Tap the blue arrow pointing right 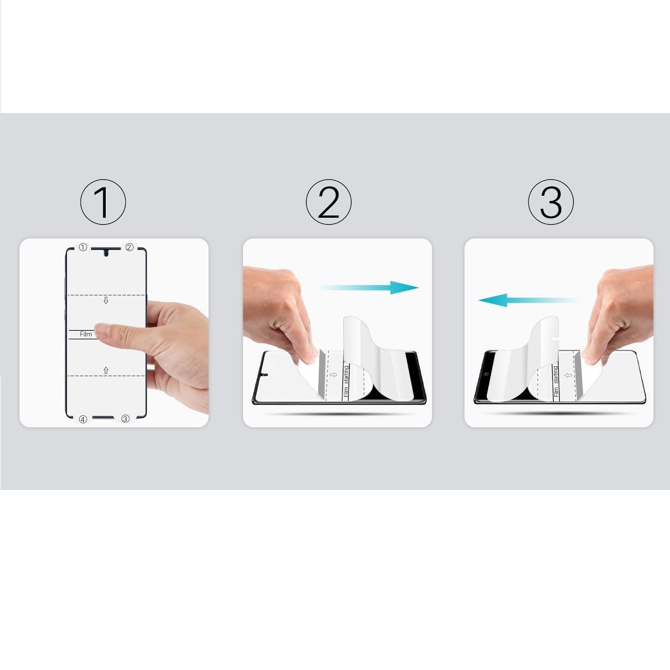point(368,287)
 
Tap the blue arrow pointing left point(529,300)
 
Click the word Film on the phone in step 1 point(86,334)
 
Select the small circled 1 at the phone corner point(83,247)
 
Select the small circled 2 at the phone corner point(129,247)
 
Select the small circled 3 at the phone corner point(125,419)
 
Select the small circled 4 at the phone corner point(83,419)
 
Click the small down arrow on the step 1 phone point(106,300)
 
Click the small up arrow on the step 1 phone point(106,370)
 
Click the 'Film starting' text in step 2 point(346,382)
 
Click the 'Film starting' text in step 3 point(556,382)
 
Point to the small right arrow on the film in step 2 point(333,374)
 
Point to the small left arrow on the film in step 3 point(568,375)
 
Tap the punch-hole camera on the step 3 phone point(486,374)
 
